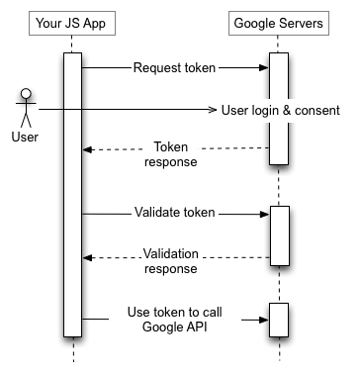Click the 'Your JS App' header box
point(72,22)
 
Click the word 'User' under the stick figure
point(26,136)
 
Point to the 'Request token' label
point(176,68)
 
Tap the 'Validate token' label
point(176,213)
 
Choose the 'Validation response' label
point(170,259)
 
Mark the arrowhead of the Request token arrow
point(264,68)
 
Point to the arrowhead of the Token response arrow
point(87,149)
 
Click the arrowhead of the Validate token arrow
point(264,213)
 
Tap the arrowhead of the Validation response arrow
point(87,258)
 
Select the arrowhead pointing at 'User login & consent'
point(211,109)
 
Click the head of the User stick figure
point(26,95)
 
